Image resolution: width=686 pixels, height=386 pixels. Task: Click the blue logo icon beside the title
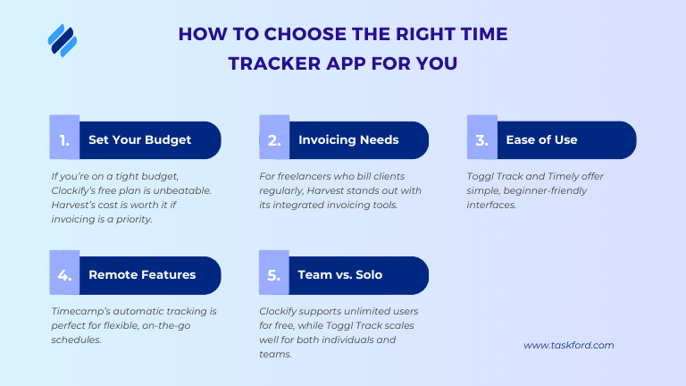pos(62,40)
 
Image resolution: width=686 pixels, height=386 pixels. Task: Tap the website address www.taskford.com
pos(568,345)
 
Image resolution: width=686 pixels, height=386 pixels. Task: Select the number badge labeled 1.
pos(63,140)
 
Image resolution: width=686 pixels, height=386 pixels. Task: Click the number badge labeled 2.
pos(274,140)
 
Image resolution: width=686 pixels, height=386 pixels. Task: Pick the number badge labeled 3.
pos(482,140)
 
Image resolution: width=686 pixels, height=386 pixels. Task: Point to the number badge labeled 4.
pos(63,275)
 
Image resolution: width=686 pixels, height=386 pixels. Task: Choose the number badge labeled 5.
pos(274,275)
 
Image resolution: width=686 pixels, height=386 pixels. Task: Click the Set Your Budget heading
pos(139,140)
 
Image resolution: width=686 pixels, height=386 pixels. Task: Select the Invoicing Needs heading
pos(348,140)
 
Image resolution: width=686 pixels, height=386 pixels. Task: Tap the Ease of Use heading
pos(541,140)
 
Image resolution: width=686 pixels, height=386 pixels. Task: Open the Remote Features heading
pos(142,275)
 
